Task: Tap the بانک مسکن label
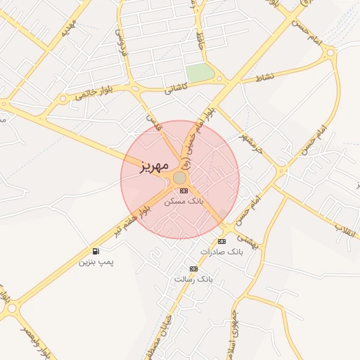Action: (184, 201)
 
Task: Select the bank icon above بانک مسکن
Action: (184, 191)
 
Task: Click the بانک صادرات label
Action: (221, 252)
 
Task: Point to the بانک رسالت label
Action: (193, 279)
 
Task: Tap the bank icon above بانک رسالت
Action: (193, 269)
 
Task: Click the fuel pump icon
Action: (96, 251)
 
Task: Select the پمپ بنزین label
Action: (96, 262)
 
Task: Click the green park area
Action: (200, 72)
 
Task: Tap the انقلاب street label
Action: (345, 228)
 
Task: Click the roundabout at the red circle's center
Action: (180, 179)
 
